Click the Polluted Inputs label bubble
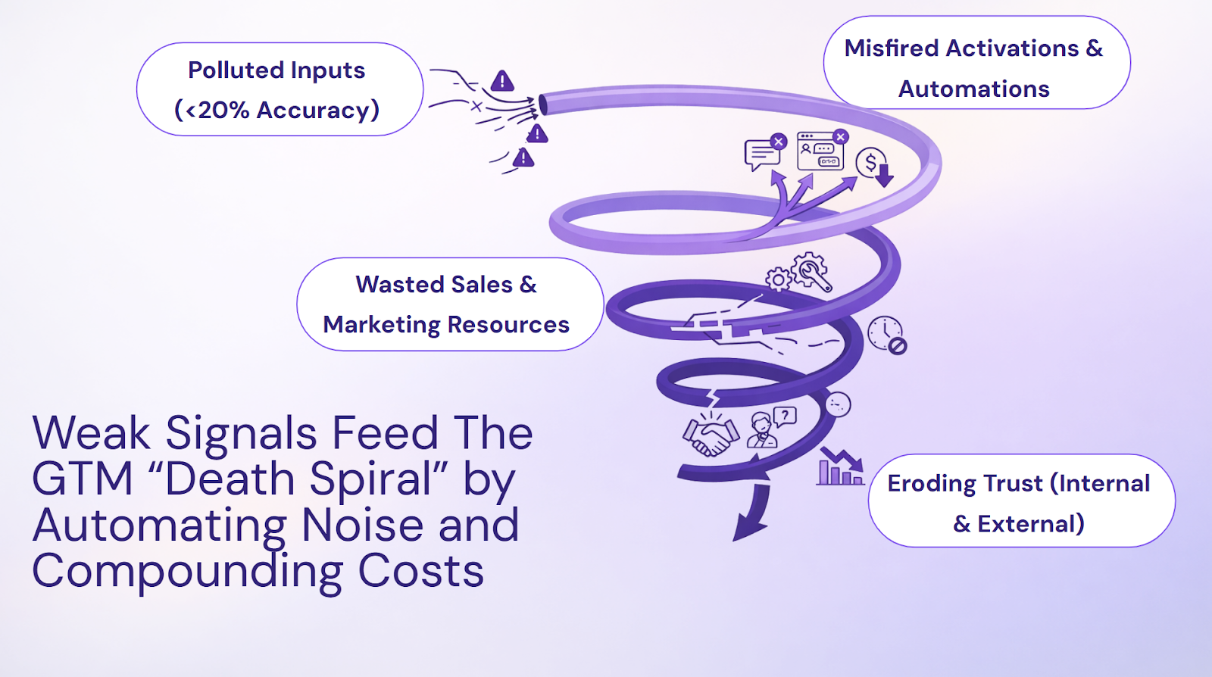click(x=279, y=89)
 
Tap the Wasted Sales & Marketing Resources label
click(x=449, y=304)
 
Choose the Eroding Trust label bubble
click(x=1020, y=501)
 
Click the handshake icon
click(x=711, y=436)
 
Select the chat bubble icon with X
click(x=764, y=152)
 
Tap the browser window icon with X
click(x=821, y=150)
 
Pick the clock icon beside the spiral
click(x=886, y=334)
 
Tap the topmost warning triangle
click(x=502, y=80)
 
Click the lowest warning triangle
click(x=523, y=158)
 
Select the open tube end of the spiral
click(x=544, y=105)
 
